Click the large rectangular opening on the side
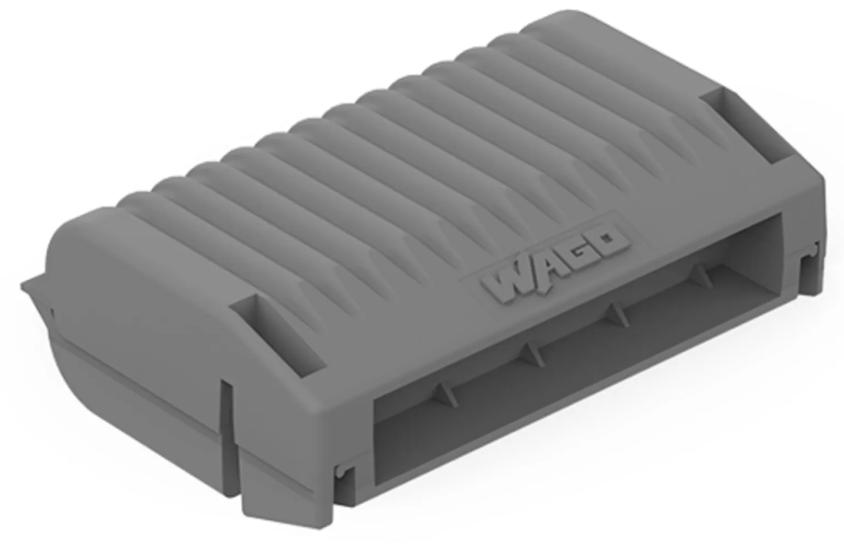click(576, 350)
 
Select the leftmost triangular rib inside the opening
click(446, 395)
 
